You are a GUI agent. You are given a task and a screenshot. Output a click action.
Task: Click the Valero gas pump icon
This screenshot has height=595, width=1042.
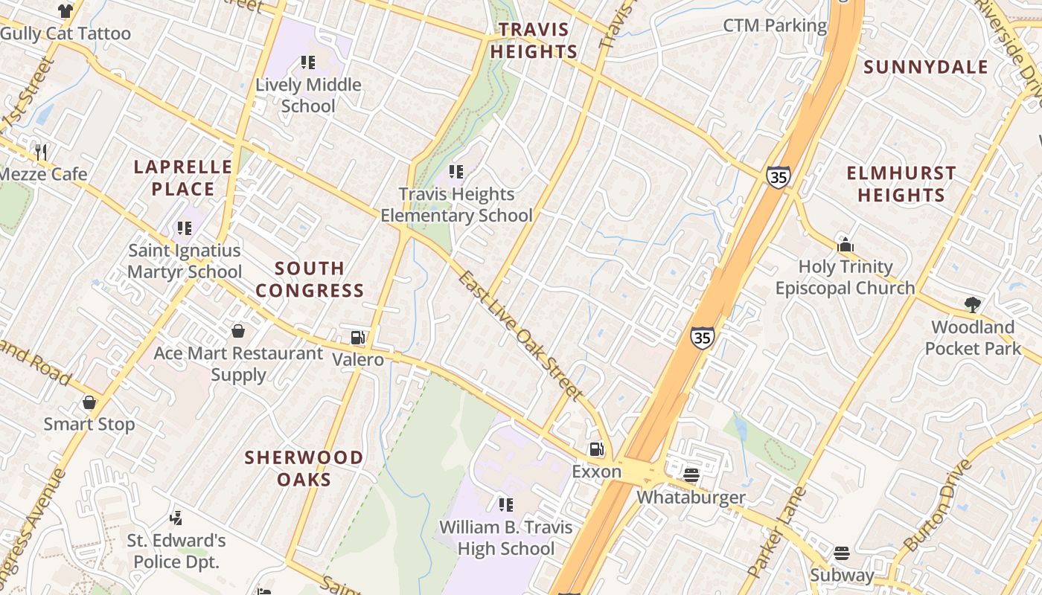tap(358, 338)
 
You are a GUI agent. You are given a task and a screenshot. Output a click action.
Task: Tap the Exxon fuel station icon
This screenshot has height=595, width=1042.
tap(596, 449)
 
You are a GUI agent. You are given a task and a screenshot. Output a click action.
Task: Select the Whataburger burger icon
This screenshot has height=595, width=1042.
tap(691, 475)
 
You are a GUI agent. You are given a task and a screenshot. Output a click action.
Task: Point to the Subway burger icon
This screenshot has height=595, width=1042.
tap(842, 553)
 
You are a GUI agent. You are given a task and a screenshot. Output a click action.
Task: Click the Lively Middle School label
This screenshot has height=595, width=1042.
tap(308, 95)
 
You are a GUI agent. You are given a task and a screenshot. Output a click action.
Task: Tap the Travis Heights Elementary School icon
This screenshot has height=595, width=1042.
tap(456, 172)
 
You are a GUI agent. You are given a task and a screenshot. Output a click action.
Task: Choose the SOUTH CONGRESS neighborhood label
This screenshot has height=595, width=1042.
tap(310, 279)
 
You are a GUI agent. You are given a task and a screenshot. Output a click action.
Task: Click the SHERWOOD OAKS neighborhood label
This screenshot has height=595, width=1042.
tap(304, 468)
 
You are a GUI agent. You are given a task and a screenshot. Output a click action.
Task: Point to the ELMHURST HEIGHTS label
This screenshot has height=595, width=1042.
tap(901, 184)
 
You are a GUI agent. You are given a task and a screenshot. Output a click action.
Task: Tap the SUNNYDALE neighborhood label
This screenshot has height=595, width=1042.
tap(926, 67)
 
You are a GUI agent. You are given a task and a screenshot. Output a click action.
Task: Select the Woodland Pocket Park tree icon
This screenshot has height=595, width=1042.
tap(972, 304)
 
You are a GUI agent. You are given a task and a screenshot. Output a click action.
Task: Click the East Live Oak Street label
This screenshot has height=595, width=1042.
tap(520, 335)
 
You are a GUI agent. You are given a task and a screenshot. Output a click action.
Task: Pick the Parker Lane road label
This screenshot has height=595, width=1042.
tap(776, 532)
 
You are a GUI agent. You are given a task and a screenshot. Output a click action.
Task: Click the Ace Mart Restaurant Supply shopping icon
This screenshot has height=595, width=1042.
tap(238, 330)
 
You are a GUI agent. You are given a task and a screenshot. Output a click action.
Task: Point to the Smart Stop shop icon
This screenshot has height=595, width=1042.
tap(89, 402)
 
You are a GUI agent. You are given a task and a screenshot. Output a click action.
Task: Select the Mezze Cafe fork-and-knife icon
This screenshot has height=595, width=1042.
tap(41, 152)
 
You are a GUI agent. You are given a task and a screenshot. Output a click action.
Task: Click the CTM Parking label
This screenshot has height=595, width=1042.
tap(775, 26)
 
